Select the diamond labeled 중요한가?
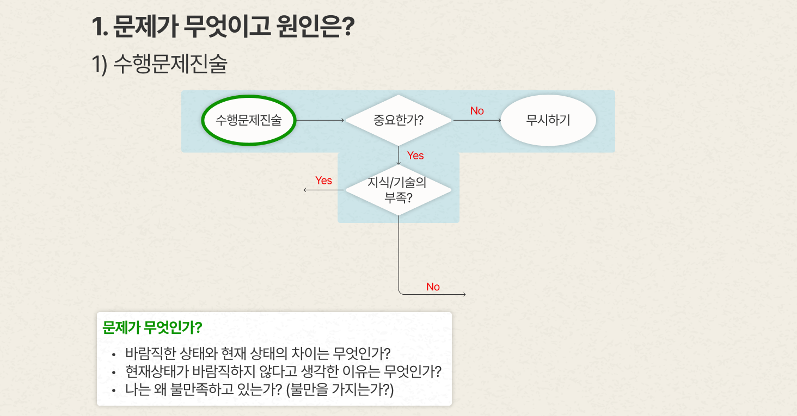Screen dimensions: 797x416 tap(398, 120)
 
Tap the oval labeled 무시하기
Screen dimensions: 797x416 tap(548, 120)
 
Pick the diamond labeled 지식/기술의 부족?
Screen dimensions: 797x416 tap(398, 190)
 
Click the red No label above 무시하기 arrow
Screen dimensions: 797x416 tap(477, 111)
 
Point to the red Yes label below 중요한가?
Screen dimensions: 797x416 tap(415, 156)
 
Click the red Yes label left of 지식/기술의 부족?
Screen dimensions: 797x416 tap(323, 181)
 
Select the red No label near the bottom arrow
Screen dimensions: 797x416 tap(433, 287)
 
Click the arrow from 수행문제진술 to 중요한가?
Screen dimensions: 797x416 tap(320, 120)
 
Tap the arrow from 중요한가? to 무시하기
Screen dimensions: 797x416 tap(477, 120)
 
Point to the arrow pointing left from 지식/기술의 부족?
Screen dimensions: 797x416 tap(323, 190)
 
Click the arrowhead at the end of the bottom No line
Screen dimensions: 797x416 tap(465, 294)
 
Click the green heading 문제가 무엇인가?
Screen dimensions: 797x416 tap(152, 327)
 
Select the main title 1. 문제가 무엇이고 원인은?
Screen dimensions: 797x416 tap(223, 26)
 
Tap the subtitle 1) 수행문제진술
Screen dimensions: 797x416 tap(160, 64)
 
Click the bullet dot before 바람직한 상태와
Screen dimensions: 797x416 tap(113, 355)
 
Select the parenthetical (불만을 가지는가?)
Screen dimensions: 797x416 tap(340, 390)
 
